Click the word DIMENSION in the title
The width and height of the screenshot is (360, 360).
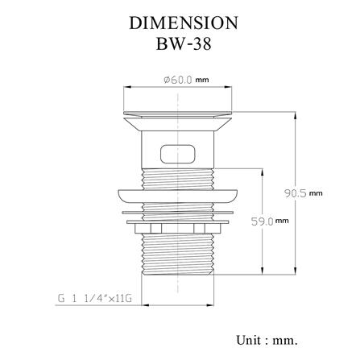click(184, 23)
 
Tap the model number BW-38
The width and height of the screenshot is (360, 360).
click(184, 43)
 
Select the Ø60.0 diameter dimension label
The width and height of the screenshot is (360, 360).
click(178, 80)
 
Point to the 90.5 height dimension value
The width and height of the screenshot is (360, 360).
click(296, 193)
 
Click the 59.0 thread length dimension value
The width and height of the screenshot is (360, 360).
click(262, 221)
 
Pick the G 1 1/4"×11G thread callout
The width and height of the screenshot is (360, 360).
click(95, 299)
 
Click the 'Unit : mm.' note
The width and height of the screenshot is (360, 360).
click(267, 341)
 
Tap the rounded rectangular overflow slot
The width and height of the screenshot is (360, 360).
click(178, 154)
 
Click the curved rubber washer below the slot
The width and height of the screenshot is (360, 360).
click(178, 196)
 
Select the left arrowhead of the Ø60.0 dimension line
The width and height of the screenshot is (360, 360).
click(126, 87)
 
